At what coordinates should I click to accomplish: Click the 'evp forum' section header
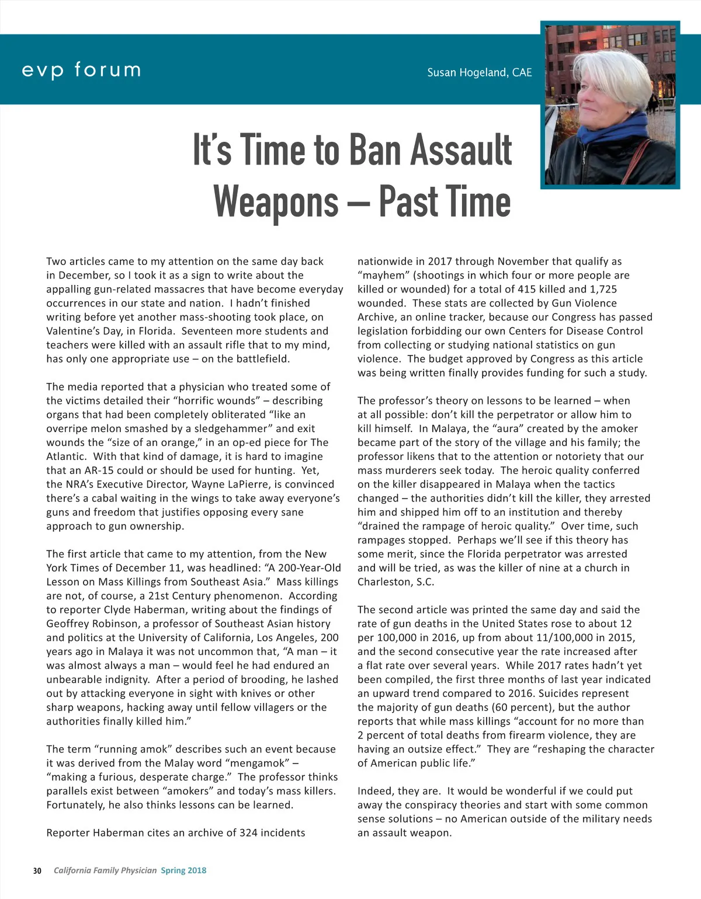pyautogui.click(x=81, y=70)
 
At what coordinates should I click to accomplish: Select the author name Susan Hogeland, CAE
pyautogui.click(x=479, y=72)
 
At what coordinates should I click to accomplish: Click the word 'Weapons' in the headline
pyautogui.click(x=276, y=202)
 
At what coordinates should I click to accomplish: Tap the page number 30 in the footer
pyautogui.click(x=37, y=870)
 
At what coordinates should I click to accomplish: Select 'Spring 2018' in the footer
pyautogui.click(x=183, y=870)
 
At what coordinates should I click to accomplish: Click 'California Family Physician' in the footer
pyautogui.click(x=105, y=870)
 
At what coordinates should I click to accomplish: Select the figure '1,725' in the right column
pyautogui.click(x=601, y=289)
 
